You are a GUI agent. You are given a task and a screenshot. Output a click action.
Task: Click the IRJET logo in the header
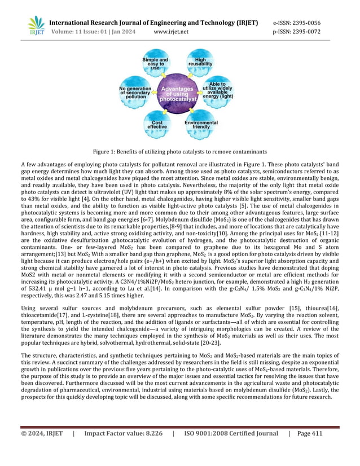pyautogui.click(x=36, y=25)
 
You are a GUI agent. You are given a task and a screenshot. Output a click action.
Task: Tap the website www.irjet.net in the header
pyautogui.click(x=171, y=32)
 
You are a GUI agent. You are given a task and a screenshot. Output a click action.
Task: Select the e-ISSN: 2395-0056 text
pyautogui.click(x=297, y=23)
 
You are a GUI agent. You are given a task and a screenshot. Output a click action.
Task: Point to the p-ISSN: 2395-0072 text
pyautogui.click(x=297, y=32)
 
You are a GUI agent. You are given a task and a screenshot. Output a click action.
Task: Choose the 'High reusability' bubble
pyautogui.click(x=200, y=64)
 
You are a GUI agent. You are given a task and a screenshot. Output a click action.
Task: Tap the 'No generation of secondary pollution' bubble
pyautogui.click(x=133, y=93)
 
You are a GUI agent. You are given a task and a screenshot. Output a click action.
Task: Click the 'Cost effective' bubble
pyautogui.click(x=157, y=124)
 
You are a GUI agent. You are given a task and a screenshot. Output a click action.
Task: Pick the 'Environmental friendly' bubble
pyautogui.click(x=201, y=125)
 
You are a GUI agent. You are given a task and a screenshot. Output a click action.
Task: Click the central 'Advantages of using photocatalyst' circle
pyautogui.click(x=178, y=94)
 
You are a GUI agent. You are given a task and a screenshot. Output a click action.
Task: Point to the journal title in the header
pyautogui.click(x=153, y=23)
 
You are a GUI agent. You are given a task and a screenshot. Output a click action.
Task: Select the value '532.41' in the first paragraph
pyautogui.click(x=38, y=287)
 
